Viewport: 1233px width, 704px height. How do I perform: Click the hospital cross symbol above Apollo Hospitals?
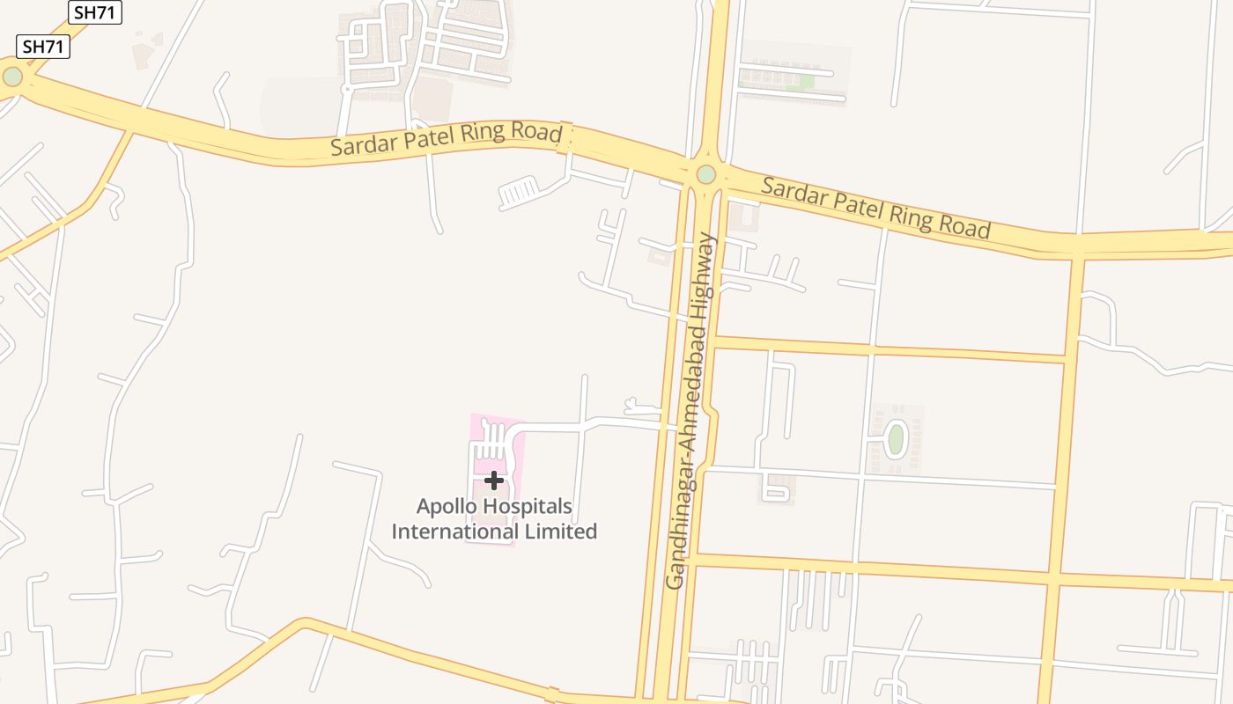494,480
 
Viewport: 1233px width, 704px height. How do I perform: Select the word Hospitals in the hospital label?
530,507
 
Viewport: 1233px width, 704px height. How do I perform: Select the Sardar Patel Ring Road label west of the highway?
446,138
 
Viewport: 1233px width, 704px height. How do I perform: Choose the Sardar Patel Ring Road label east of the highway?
875,208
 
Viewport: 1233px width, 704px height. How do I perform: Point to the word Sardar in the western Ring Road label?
358,145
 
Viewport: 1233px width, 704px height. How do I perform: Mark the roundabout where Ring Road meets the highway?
705,174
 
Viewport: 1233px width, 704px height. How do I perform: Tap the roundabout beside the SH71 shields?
12,77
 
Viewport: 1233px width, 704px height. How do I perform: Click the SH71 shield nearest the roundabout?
43,47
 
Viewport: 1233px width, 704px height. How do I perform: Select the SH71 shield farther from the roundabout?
94,11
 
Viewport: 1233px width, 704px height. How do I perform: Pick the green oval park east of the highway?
896,439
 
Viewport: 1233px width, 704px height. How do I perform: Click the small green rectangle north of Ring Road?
800,83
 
